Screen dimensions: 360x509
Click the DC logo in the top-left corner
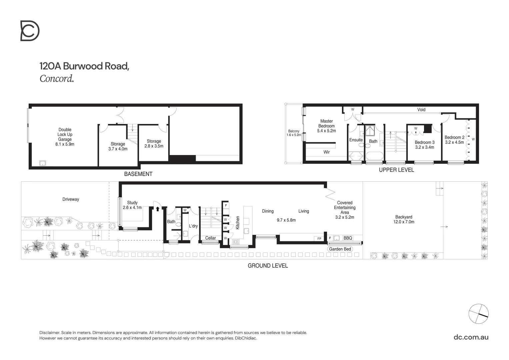tap(30, 31)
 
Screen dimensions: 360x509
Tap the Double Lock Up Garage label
tap(65, 137)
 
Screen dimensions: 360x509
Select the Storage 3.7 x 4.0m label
tap(118, 146)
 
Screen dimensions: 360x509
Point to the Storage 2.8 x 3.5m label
tap(154, 143)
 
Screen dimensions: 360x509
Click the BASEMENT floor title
tap(138, 174)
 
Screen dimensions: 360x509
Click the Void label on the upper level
tap(421, 110)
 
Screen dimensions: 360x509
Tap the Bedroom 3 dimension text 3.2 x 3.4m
tap(424, 147)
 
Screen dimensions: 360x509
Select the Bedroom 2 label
tap(454, 137)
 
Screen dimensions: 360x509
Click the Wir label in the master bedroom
tap(326, 152)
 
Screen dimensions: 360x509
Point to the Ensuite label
tap(356, 140)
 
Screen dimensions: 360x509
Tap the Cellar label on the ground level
tap(210, 238)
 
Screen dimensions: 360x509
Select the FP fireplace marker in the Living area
tap(319, 239)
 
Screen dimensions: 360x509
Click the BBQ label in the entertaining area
tap(348, 238)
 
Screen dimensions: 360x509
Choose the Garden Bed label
tap(340, 249)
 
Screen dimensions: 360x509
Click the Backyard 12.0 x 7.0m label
tap(404, 219)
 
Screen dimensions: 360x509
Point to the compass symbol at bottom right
tap(478, 314)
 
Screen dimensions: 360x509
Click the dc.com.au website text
tap(471, 337)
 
